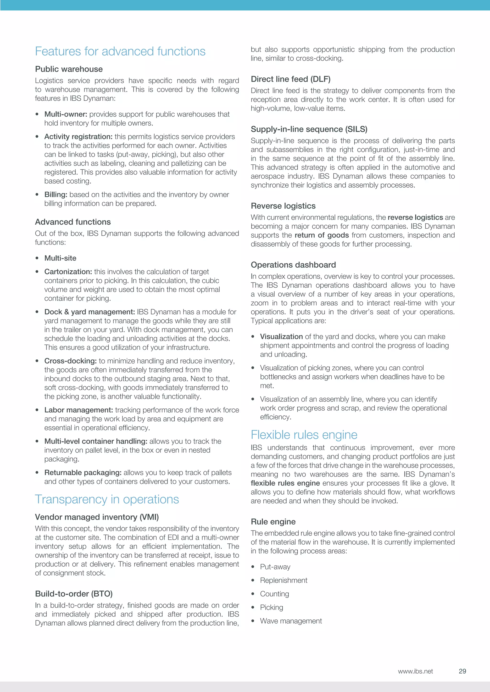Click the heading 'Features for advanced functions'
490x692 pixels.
click(x=120, y=52)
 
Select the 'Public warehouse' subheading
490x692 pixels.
click(x=69, y=69)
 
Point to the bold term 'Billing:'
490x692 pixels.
click(x=56, y=195)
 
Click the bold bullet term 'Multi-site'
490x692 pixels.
click(x=60, y=258)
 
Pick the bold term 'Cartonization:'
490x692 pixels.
click(x=68, y=272)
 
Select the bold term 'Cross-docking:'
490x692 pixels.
click(x=71, y=361)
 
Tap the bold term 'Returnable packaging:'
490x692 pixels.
click(x=83, y=473)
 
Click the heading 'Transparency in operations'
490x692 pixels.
click(x=107, y=499)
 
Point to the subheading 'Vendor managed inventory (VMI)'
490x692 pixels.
click(x=97, y=517)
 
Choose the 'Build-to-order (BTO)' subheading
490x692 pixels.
click(x=74, y=594)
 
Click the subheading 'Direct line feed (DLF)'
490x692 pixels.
click(x=290, y=79)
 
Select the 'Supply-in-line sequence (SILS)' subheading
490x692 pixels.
click(x=309, y=129)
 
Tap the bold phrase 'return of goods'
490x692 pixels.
click(x=322, y=235)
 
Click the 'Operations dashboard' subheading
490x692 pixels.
click(x=293, y=265)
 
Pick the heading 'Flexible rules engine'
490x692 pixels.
click(x=304, y=435)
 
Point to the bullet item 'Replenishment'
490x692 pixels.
click(x=284, y=580)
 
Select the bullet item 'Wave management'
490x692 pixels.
click(x=291, y=621)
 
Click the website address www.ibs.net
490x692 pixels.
click(x=415, y=671)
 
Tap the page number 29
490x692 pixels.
click(x=462, y=671)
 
